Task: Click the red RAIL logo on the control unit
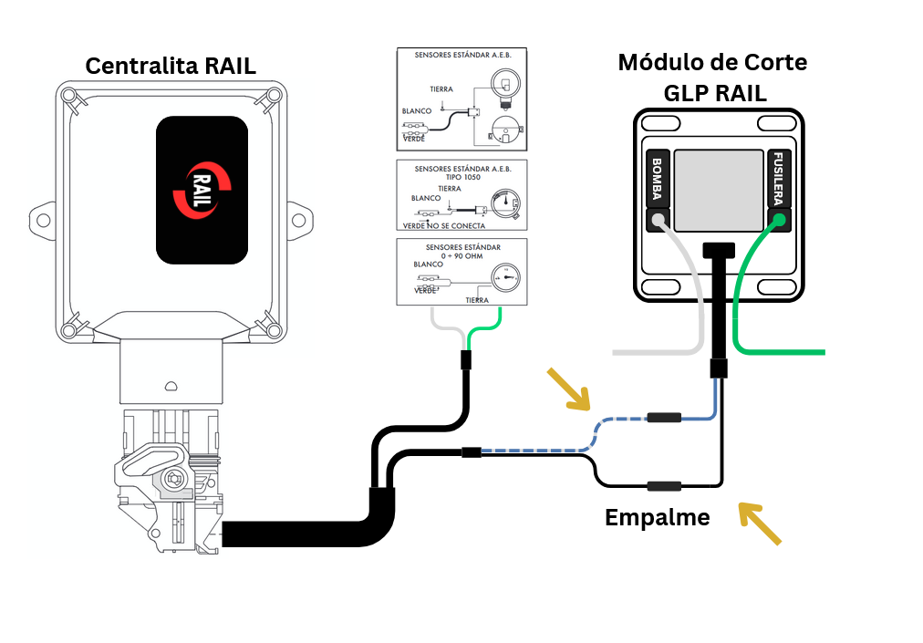[x=202, y=190]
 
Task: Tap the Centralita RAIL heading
[x=171, y=66]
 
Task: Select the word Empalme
[x=657, y=517]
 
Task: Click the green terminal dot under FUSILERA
[x=779, y=219]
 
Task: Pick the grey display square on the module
[x=718, y=190]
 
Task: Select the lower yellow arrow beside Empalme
[x=759, y=524]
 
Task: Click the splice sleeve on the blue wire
[x=664, y=419]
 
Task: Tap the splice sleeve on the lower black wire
[x=664, y=486]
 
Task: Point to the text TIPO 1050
[x=463, y=178]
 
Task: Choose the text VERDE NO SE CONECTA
[x=444, y=225]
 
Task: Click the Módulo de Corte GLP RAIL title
[x=712, y=77]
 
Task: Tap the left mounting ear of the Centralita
[x=41, y=218]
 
